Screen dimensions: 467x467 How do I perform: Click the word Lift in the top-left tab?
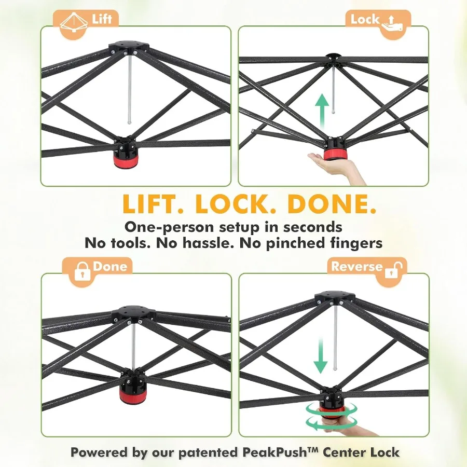pos(102,19)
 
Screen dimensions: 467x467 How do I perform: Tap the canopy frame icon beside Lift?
pos(74,22)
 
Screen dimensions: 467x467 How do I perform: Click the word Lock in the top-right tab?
pos(365,19)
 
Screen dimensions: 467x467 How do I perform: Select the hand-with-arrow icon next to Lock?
pos(393,23)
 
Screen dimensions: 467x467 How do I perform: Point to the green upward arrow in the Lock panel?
pos(322,112)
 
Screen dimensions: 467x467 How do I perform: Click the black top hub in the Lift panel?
pos(129,47)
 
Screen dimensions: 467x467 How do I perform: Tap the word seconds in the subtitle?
pos(312,227)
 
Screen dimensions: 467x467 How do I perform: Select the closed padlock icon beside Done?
pos(82,271)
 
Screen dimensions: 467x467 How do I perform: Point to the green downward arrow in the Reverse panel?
pos(321,356)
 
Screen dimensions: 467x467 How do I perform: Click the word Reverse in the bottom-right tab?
pos(357,266)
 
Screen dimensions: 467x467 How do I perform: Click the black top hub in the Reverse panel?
pos(335,296)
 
